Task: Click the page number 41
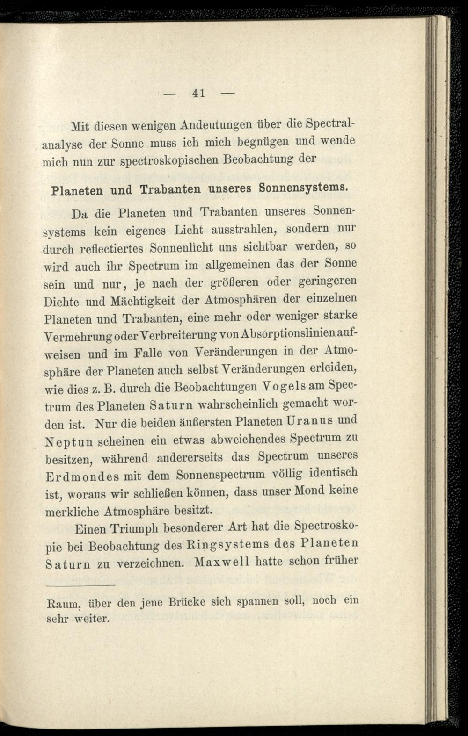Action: click(x=198, y=93)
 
